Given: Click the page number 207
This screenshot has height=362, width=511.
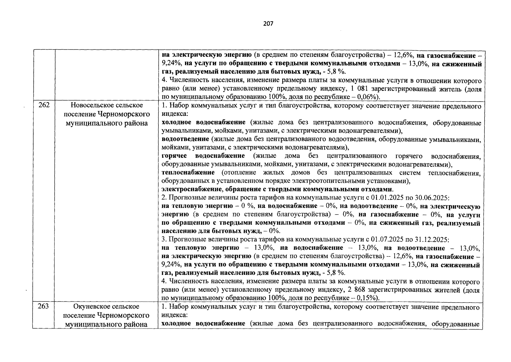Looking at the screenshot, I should click(268, 24).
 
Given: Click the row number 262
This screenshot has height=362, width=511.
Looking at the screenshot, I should click(44, 105).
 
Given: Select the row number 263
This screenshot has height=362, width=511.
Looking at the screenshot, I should click(44, 306).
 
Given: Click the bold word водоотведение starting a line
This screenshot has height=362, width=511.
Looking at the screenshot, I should click(185, 139).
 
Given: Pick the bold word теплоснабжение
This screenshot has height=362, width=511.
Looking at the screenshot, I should click(188, 173).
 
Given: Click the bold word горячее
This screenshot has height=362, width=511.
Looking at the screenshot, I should click(174, 156).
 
